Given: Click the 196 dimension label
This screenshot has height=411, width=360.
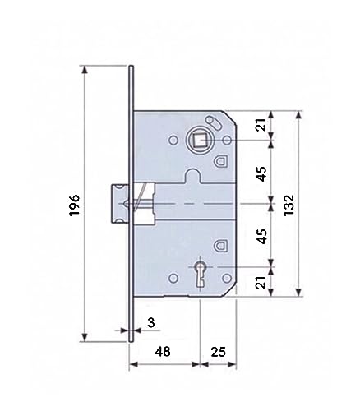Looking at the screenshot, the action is pyautogui.click(x=74, y=205).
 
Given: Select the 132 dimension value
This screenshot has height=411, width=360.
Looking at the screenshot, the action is pyautogui.click(x=288, y=205).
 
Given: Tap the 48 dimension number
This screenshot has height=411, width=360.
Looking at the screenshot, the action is pyautogui.click(x=163, y=351).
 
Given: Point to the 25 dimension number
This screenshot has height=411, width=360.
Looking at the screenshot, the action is pyautogui.click(x=219, y=352).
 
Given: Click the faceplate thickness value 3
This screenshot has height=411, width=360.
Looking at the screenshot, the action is pyautogui.click(x=151, y=323).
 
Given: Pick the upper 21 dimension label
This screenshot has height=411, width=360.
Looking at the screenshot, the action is pyautogui.click(x=262, y=125).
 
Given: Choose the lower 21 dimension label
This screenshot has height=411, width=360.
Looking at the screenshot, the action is pyautogui.click(x=262, y=282).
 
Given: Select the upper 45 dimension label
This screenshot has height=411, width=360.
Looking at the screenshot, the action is pyautogui.click(x=262, y=173).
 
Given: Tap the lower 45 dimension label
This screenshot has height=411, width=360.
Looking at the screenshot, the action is pyautogui.click(x=262, y=236).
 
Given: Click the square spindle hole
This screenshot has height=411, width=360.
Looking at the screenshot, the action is pyautogui.click(x=200, y=141).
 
